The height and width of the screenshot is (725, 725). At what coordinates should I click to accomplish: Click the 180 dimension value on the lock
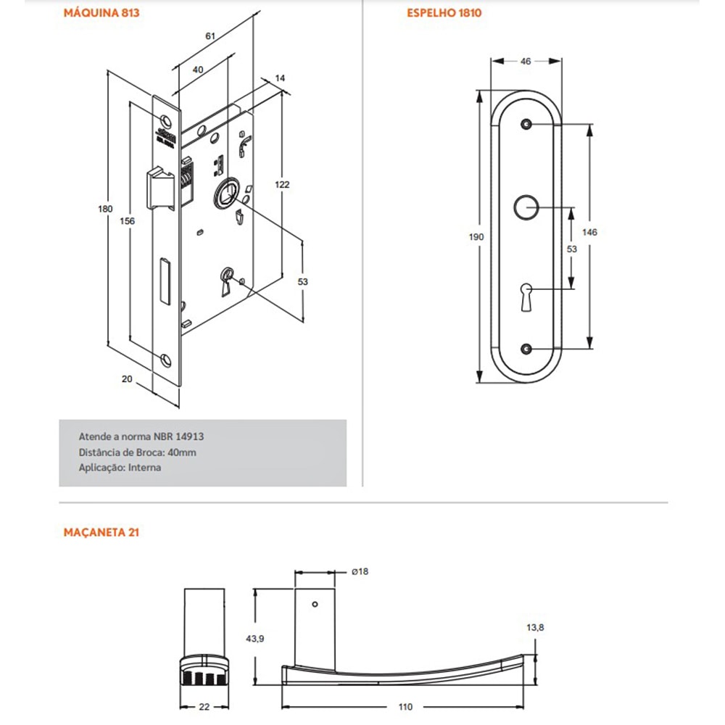[106, 209]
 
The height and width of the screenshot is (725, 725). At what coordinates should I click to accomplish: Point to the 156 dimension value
[127, 222]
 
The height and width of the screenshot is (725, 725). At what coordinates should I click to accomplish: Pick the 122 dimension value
[282, 185]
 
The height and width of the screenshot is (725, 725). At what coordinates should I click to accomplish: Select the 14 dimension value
[281, 77]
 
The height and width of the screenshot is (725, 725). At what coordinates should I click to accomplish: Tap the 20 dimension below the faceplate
[128, 379]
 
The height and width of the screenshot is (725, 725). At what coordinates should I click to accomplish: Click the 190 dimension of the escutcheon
[477, 237]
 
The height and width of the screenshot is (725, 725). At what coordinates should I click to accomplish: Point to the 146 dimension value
[589, 232]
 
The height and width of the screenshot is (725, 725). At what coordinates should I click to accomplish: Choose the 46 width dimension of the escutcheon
[526, 62]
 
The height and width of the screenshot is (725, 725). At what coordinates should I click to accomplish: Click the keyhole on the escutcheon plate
[526, 296]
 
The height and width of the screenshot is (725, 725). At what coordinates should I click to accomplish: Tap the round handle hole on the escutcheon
[526, 207]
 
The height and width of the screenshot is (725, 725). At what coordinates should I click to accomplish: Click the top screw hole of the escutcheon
[526, 125]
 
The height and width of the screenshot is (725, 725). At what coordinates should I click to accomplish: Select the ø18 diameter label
[360, 572]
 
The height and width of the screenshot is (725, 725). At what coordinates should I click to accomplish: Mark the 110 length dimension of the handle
[405, 706]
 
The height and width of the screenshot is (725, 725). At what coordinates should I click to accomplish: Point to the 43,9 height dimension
[254, 638]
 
